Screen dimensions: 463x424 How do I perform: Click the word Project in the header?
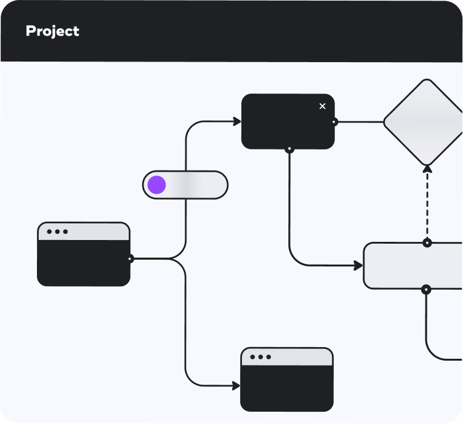point(52,31)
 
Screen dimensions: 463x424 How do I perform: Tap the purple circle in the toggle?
point(156,185)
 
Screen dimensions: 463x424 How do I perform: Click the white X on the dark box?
point(323,106)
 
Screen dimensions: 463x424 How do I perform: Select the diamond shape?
point(424,122)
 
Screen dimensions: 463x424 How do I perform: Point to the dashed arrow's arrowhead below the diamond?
point(427,169)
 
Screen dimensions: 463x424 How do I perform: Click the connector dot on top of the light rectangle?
point(427,243)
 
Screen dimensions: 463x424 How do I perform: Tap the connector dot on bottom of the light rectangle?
point(426,290)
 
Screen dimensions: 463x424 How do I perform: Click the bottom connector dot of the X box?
point(289,149)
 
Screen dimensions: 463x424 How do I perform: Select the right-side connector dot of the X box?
point(334,122)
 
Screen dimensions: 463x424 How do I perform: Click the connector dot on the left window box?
point(130,258)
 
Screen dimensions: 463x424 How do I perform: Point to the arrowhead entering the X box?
point(237,121)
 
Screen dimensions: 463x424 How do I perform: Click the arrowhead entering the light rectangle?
point(358,266)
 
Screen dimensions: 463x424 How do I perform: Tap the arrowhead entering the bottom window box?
point(236,386)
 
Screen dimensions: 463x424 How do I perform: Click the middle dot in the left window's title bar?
point(58,231)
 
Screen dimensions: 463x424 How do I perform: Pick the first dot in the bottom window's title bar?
point(252,357)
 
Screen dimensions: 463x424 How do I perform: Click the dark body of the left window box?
point(84,263)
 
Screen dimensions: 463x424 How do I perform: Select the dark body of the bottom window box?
point(287,388)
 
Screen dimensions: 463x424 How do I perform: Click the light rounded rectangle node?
point(413,266)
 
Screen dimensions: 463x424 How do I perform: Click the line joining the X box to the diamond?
point(361,122)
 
